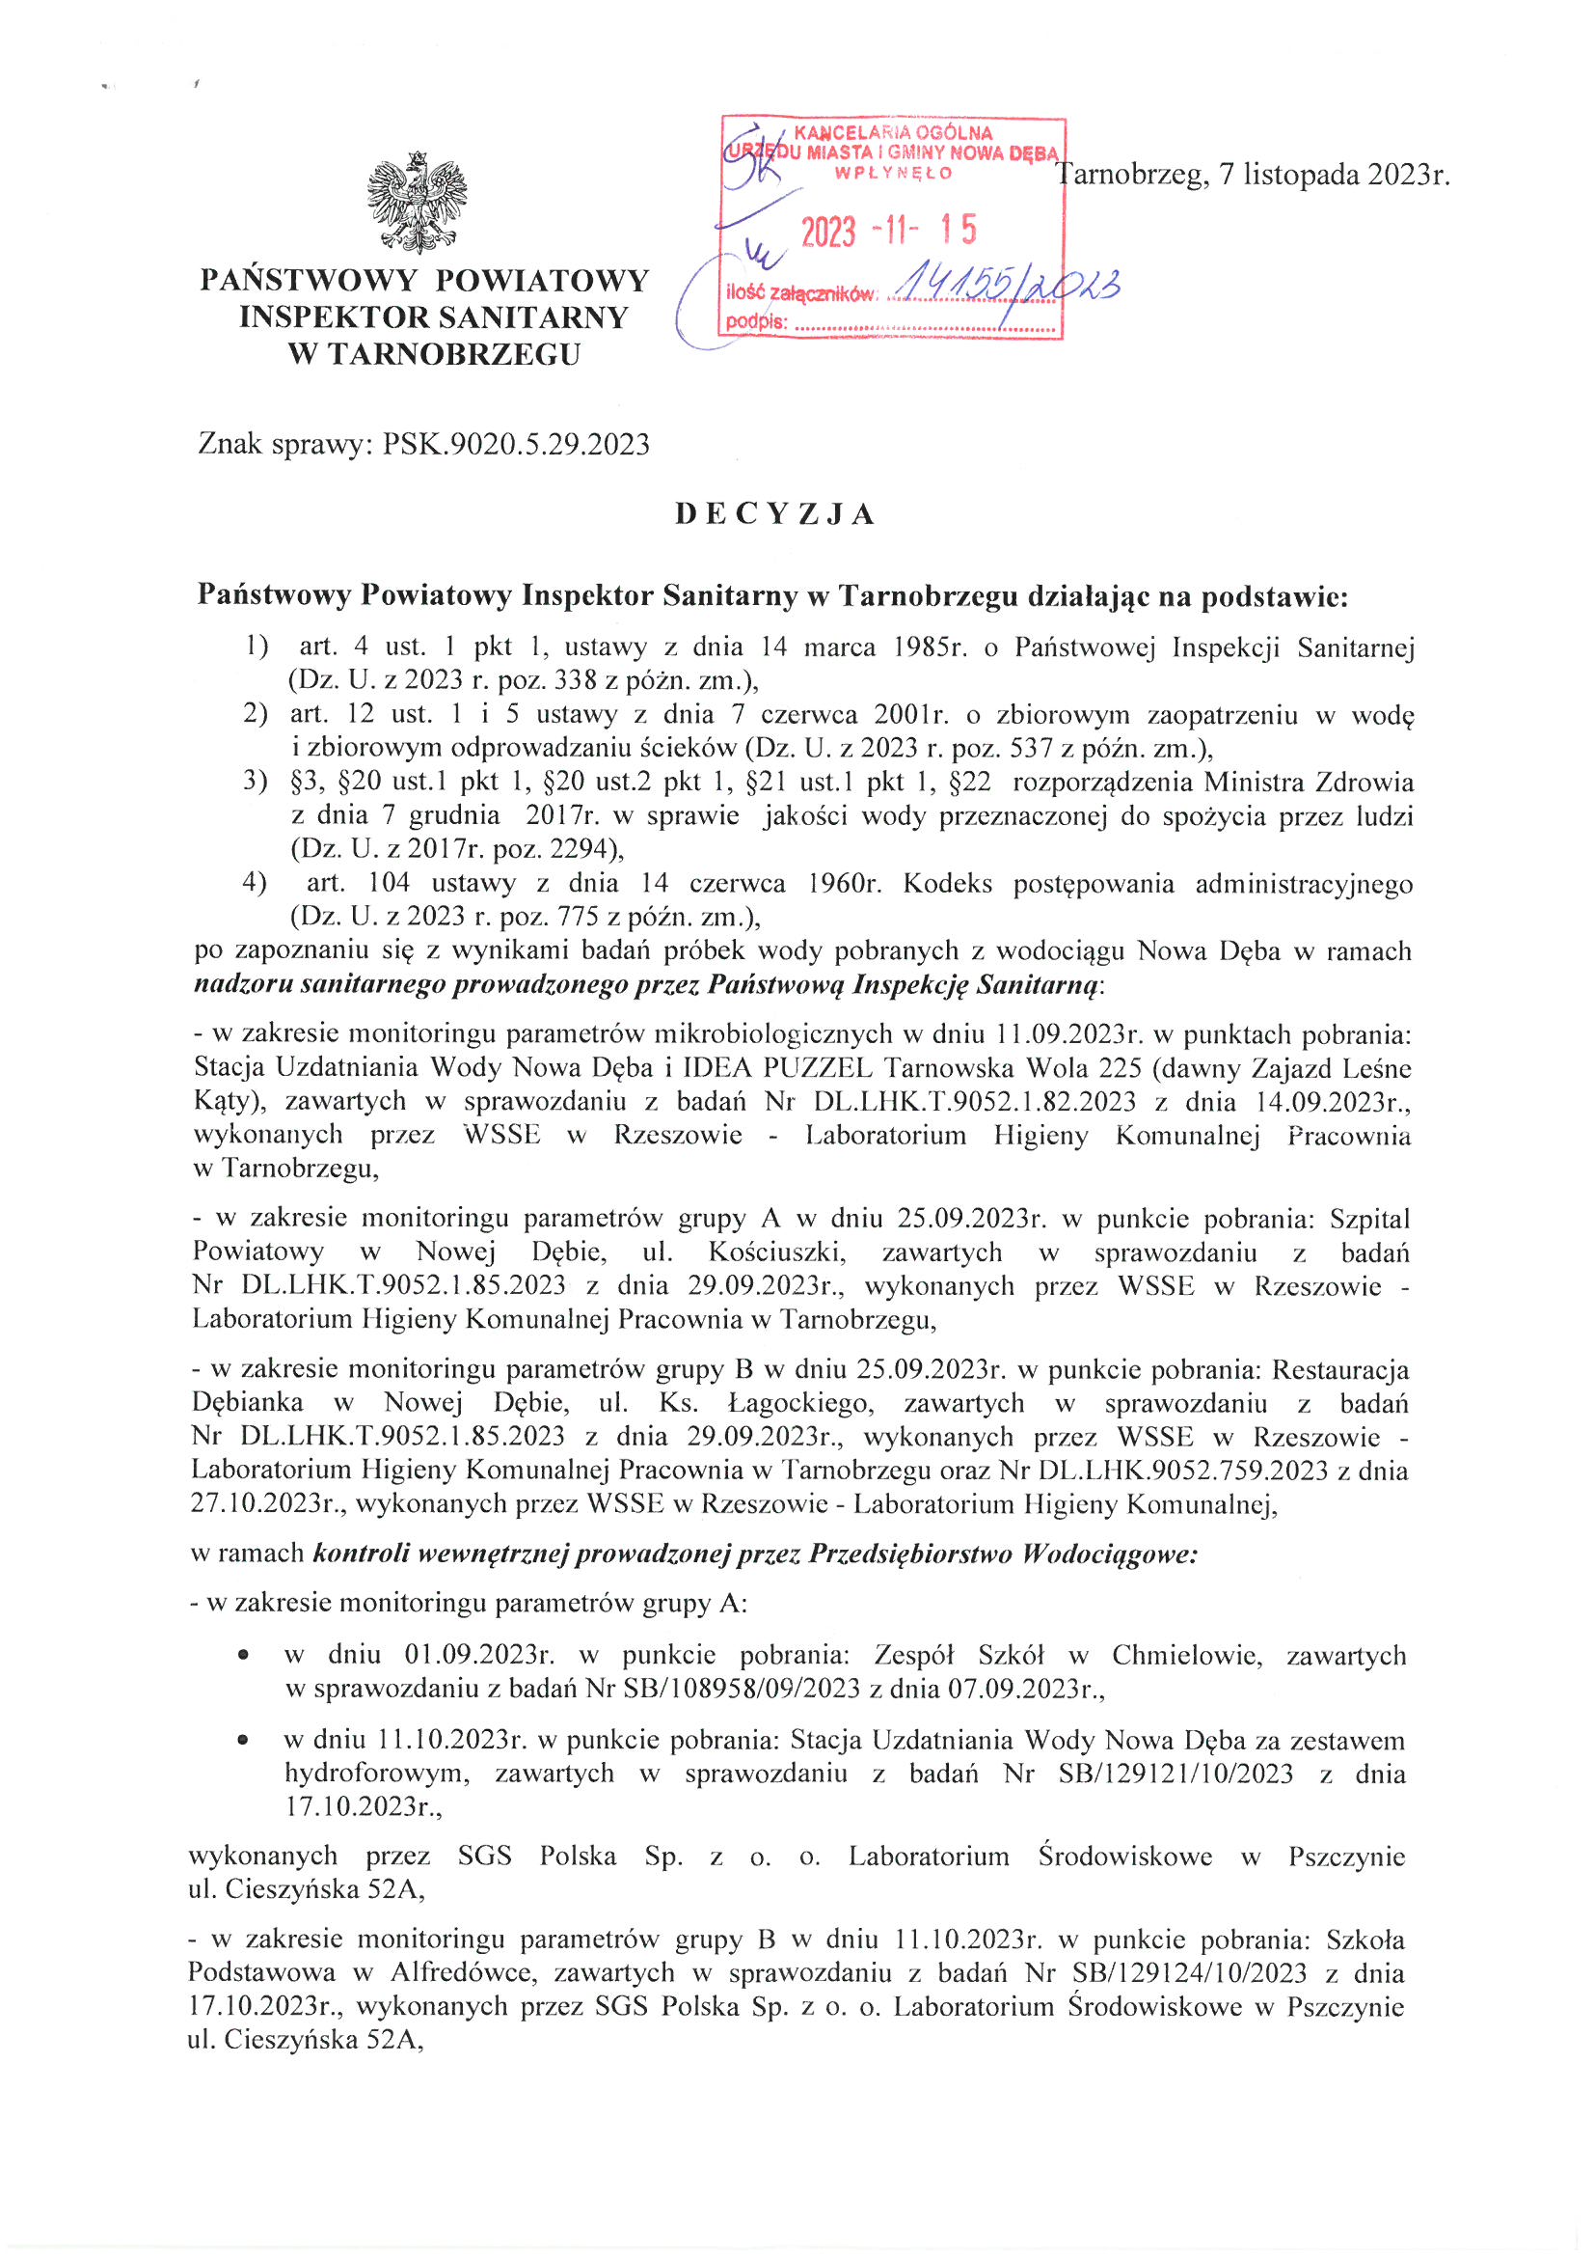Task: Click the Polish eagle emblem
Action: point(417,204)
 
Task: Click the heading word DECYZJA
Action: point(775,515)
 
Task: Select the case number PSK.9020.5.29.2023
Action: point(517,444)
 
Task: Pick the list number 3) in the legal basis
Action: point(256,782)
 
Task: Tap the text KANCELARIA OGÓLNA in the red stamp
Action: point(893,132)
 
